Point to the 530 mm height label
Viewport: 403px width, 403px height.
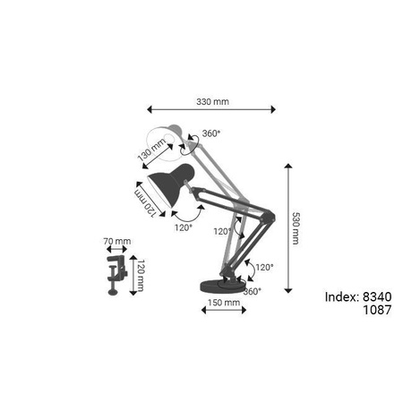(x=297, y=229)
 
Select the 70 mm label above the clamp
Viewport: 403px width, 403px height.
(x=117, y=241)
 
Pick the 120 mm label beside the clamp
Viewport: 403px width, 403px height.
(x=141, y=275)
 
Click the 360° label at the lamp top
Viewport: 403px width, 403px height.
(x=211, y=133)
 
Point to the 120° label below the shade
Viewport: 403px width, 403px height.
(x=184, y=227)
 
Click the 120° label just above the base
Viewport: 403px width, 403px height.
(x=264, y=267)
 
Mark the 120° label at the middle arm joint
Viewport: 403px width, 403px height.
(x=222, y=231)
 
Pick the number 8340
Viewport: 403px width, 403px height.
(x=378, y=297)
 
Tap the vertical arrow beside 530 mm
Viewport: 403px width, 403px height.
(x=287, y=228)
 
